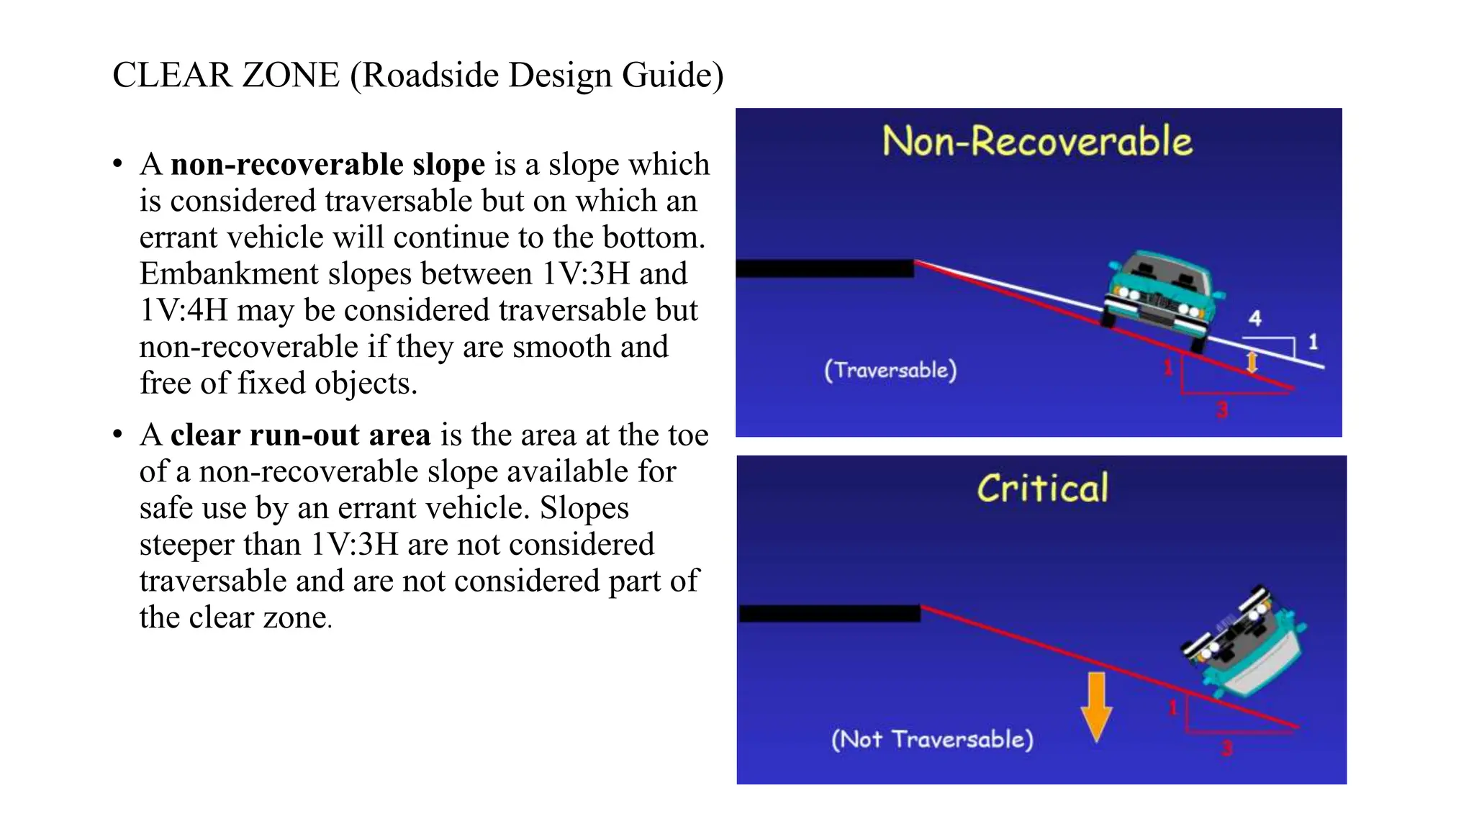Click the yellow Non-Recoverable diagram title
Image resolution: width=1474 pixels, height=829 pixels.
1037,140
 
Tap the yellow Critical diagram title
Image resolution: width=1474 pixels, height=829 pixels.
1042,489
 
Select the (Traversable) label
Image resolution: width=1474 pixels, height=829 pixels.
890,370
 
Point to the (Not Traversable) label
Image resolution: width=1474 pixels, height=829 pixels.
932,739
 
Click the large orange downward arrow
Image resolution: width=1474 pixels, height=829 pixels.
1096,706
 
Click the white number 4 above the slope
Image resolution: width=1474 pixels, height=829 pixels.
1255,318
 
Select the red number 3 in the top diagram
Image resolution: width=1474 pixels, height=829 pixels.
1222,410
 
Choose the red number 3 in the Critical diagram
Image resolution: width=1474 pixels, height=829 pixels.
1227,748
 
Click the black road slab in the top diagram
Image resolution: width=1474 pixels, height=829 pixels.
825,268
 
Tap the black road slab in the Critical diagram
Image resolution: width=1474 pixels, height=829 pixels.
830,614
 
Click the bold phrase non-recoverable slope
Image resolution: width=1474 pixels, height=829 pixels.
327,165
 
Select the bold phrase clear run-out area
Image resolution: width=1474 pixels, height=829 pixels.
300,435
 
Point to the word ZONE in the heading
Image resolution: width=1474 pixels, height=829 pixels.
291,76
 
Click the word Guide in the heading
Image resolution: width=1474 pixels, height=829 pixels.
672,76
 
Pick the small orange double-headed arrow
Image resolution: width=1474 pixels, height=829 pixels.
1252,361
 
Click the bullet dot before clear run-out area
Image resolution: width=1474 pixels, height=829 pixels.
118,435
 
